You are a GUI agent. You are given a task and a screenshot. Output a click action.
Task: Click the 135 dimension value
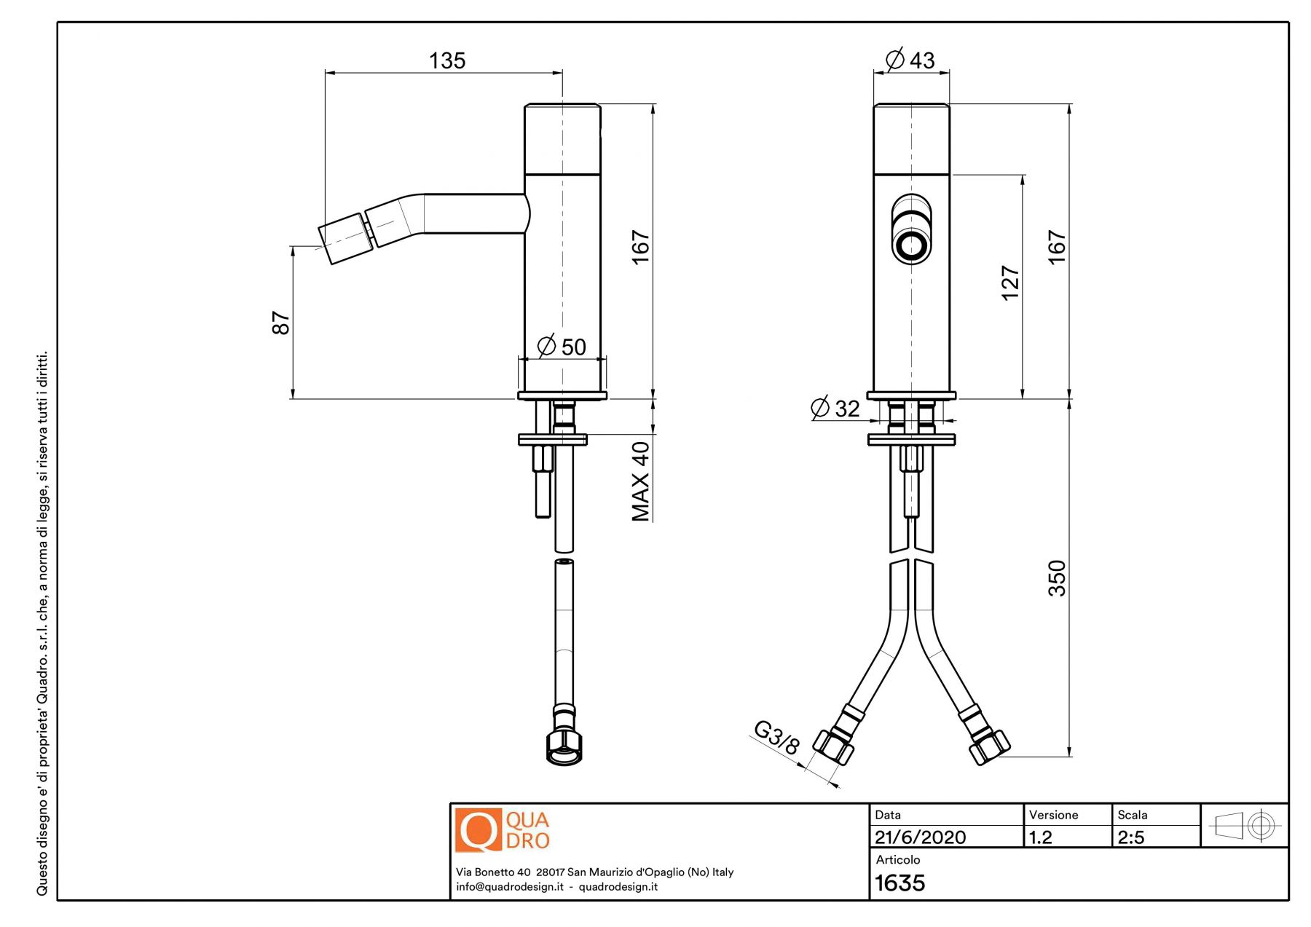[447, 60]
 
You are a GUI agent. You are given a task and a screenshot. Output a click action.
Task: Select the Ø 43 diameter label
[910, 59]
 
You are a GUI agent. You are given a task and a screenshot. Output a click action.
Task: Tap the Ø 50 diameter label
[562, 347]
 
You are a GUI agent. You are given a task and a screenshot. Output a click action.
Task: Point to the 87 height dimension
[280, 323]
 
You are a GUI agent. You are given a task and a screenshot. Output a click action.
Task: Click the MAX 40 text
[640, 481]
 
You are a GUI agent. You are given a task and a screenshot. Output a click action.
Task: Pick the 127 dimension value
[1010, 283]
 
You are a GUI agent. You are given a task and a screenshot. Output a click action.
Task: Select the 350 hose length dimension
[1057, 578]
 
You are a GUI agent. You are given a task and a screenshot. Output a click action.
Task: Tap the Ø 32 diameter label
[835, 408]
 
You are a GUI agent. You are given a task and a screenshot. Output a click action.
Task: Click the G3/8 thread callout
[776, 737]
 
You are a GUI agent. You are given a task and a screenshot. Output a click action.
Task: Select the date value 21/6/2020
[920, 837]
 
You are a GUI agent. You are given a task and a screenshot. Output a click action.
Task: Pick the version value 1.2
[1040, 837]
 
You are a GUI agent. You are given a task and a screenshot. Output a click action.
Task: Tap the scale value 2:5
[1131, 837]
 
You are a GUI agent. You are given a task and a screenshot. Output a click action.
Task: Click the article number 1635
[899, 883]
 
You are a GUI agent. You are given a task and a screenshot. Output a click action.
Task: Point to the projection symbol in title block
[1244, 826]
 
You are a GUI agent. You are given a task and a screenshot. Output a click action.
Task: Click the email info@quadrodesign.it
[510, 887]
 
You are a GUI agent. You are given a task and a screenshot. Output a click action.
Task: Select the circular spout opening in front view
[911, 246]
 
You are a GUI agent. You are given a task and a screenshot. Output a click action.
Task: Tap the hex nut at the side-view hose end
[564, 747]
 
